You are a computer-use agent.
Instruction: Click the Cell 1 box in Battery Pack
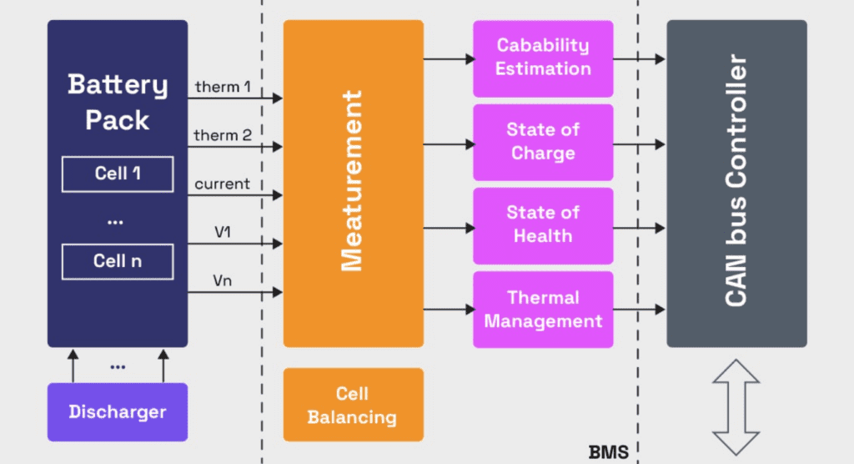point(117,174)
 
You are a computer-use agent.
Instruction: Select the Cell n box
point(117,261)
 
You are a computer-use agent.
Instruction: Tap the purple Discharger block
point(118,411)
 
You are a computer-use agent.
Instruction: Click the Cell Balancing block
point(353,405)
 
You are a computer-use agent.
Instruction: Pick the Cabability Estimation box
point(543,58)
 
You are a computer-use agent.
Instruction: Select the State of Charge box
point(543,142)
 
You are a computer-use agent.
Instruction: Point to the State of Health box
point(543,225)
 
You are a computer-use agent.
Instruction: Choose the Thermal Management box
point(543,309)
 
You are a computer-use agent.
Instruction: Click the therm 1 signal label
point(223,87)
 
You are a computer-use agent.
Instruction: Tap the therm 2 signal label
point(223,135)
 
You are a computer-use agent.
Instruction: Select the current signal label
point(222,184)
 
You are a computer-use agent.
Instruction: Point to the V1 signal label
point(223,232)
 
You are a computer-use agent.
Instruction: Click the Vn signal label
point(223,281)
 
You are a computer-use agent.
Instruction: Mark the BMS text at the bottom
point(608,452)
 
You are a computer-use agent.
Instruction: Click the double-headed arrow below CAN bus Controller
point(736,406)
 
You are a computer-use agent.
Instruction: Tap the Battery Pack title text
point(118,102)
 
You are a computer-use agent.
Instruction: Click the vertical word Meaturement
point(353,181)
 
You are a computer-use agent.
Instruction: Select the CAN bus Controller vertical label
point(736,181)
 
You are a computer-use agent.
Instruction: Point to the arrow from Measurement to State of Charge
point(449,144)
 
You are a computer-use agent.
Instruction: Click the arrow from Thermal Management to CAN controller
point(640,310)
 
